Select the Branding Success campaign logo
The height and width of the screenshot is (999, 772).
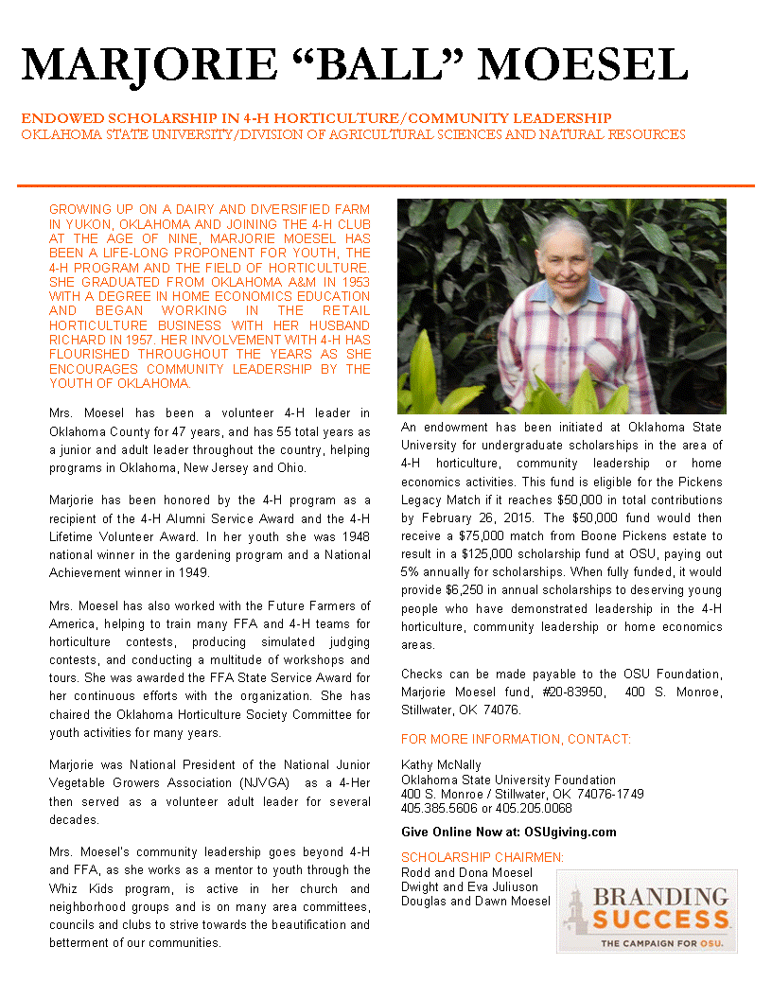coord(646,910)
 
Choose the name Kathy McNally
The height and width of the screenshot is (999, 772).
coord(441,764)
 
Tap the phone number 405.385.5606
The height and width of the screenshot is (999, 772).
coord(434,808)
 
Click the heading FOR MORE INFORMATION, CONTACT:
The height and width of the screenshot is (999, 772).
coord(516,739)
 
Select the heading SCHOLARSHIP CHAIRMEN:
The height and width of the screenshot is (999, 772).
coord(482,857)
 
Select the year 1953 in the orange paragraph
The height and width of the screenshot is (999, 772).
coord(353,282)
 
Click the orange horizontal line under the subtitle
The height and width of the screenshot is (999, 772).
coord(386,185)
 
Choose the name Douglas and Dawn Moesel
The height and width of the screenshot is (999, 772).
coord(475,901)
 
